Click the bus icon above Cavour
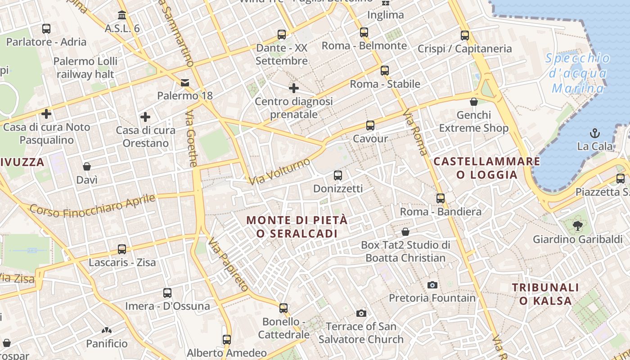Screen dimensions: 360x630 pos(370,126)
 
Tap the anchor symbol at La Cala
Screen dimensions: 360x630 pos(595,133)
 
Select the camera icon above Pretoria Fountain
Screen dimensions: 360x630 pos(432,285)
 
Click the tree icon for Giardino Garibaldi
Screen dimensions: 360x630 pos(577,225)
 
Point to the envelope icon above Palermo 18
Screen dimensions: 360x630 pos(185,83)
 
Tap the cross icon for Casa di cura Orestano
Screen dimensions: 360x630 pos(145,117)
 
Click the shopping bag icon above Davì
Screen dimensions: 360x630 pos(87,166)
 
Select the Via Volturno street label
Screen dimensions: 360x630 pos(279,171)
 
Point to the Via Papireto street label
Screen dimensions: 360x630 pos(228,265)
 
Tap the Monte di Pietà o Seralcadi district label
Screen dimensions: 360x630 pos(297,227)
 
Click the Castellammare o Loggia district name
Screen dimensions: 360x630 pos(487,168)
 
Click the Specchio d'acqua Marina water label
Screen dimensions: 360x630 pos(578,73)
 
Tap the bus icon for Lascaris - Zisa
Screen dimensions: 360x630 pos(121,249)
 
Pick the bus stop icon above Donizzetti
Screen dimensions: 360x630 pos(337,175)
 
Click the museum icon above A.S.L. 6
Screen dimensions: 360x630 pos(121,15)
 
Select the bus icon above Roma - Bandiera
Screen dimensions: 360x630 pos(440,198)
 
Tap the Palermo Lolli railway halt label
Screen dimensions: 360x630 pos(85,67)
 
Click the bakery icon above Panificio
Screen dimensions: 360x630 pos(107,331)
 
